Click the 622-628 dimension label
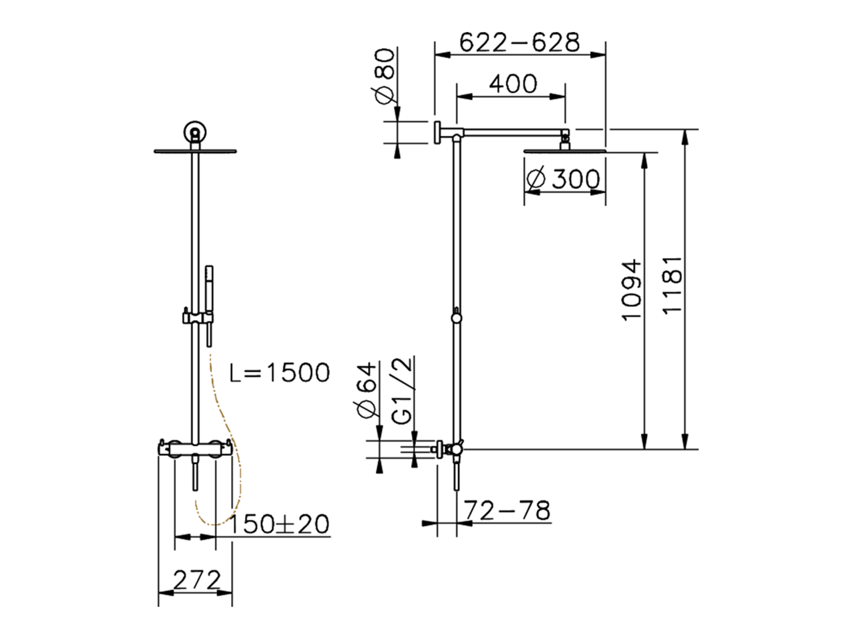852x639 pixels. (x=520, y=43)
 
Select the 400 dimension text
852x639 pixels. (x=512, y=84)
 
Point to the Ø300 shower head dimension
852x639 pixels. (x=562, y=178)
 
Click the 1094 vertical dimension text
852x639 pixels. (x=632, y=290)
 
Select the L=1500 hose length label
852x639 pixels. (x=280, y=373)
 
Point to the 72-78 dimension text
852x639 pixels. (x=507, y=511)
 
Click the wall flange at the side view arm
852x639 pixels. (x=437, y=132)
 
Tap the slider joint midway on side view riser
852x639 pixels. (x=456, y=318)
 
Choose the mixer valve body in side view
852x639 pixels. (x=455, y=450)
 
